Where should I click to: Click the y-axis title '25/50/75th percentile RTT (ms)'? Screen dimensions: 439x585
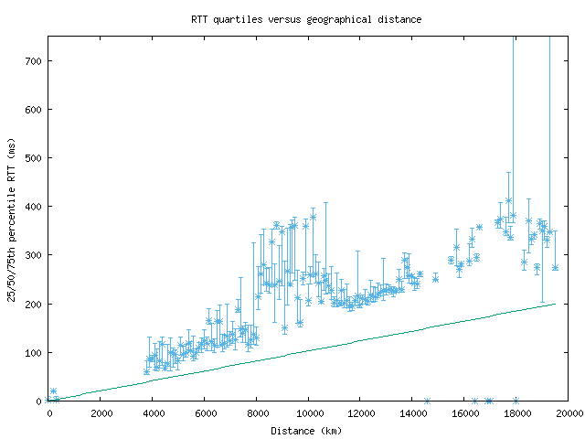click(x=12, y=219)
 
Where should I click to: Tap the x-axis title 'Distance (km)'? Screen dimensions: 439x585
click(x=306, y=431)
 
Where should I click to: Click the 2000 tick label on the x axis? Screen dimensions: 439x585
click(x=101, y=414)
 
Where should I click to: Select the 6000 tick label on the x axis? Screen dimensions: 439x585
click(x=205, y=414)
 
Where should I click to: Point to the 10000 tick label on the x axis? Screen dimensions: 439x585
click(x=308, y=414)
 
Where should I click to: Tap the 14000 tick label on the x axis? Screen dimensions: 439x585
click(x=412, y=414)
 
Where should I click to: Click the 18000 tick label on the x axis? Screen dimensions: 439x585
click(x=516, y=414)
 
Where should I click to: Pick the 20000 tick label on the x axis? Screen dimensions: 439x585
click(x=568, y=414)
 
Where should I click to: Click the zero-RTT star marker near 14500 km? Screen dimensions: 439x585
click(x=427, y=401)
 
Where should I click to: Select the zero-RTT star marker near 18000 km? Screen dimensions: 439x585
click(x=516, y=401)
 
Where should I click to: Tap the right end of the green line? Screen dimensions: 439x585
click(x=555, y=304)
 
